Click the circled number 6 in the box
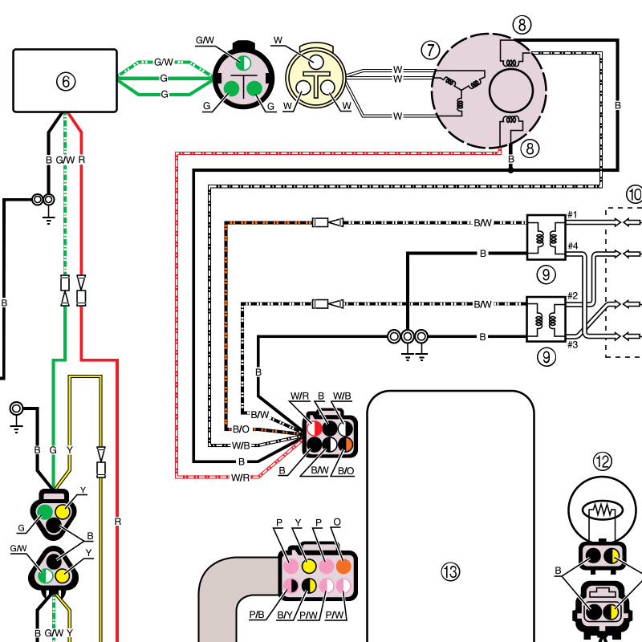pyautogui.click(x=66, y=82)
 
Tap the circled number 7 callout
pyautogui.click(x=430, y=51)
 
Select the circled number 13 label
pyautogui.click(x=450, y=571)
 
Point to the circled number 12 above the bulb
pyautogui.click(x=603, y=462)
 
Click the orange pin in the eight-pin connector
pyautogui.click(x=343, y=567)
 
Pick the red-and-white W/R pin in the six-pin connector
pyautogui.click(x=315, y=429)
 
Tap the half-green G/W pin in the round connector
pyautogui.click(x=244, y=63)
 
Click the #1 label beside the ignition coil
pyautogui.click(x=572, y=214)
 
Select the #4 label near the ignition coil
pyautogui.click(x=573, y=246)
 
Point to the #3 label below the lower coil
pyautogui.click(x=572, y=345)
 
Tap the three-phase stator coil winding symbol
pyautogui.click(x=461, y=91)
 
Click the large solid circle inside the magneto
pyautogui.click(x=511, y=90)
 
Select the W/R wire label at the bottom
pyautogui.click(x=240, y=477)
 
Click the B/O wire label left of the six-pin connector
pyautogui.click(x=241, y=429)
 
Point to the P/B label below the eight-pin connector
pyautogui.click(x=257, y=615)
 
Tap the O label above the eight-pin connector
pyautogui.click(x=337, y=522)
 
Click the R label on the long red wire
pyautogui.click(x=117, y=522)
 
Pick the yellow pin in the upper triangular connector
pyautogui.click(x=63, y=512)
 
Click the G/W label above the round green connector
pyautogui.click(x=205, y=40)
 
